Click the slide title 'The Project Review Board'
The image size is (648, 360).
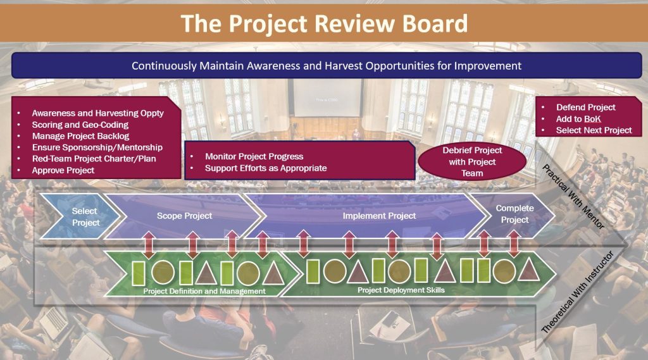click(x=324, y=23)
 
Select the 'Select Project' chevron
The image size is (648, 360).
click(x=85, y=216)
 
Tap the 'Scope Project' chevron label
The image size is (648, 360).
click(x=184, y=216)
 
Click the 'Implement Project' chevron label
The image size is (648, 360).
click(x=379, y=216)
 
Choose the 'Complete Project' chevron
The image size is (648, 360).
click(x=514, y=214)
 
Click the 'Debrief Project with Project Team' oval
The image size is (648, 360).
click(x=472, y=162)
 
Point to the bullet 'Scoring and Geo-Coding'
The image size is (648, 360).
click(x=80, y=125)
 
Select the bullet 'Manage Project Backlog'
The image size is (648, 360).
click(x=80, y=136)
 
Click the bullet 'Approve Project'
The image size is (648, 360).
click(x=63, y=170)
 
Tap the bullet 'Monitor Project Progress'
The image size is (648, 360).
click(x=254, y=156)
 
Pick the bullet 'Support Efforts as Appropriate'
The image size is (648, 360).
click(x=265, y=168)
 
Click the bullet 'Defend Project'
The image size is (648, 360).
click(x=585, y=107)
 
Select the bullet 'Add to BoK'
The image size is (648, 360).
click(x=578, y=119)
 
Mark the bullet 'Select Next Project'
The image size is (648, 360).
click(x=594, y=130)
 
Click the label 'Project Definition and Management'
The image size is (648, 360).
click(x=204, y=291)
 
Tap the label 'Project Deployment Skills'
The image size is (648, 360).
click(x=401, y=290)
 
